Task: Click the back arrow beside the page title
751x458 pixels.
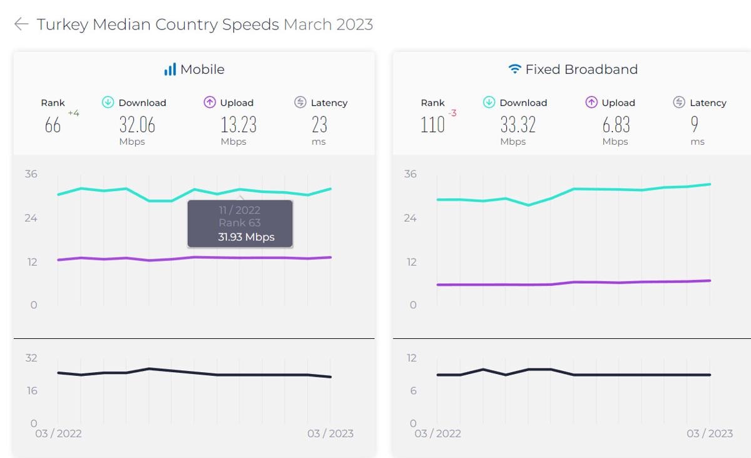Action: (21, 24)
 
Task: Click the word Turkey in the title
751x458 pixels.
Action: (62, 24)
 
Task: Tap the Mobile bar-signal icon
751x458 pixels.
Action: (170, 70)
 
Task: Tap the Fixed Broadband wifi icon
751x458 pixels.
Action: (514, 69)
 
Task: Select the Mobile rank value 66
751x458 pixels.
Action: (53, 125)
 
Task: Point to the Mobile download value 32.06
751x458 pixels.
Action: (137, 125)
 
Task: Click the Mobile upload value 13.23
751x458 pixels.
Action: (238, 125)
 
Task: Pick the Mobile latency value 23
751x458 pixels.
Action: (319, 125)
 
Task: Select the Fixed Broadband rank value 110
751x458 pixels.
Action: (432, 125)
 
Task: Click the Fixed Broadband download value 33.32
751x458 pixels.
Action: (518, 125)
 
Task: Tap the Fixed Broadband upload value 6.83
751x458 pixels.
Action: (616, 125)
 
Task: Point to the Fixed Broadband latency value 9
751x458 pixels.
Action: (695, 125)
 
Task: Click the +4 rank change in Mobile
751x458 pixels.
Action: (74, 113)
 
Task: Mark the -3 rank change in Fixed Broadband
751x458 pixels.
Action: (452, 113)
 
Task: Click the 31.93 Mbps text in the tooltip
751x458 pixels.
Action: (246, 237)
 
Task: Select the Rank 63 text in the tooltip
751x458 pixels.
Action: (240, 223)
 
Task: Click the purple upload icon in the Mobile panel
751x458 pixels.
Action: (210, 102)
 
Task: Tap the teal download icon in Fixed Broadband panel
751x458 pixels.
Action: (489, 102)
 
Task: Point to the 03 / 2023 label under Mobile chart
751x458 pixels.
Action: (330, 434)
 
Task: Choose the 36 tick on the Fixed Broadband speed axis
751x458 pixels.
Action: (411, 174)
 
